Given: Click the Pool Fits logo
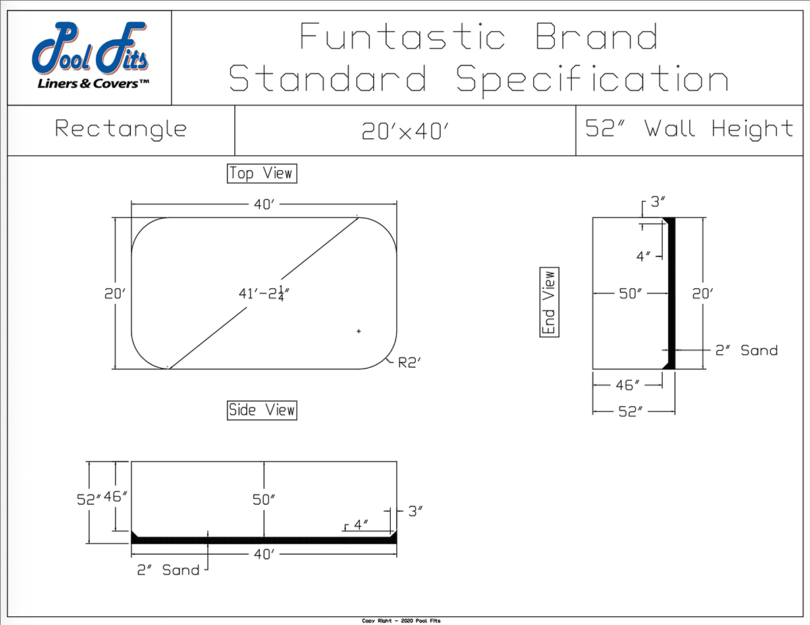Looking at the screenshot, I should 90,57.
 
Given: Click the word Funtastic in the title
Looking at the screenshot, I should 402,36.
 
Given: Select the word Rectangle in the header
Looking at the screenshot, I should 121,128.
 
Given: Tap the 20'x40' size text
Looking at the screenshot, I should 406,130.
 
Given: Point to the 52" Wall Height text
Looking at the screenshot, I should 689,128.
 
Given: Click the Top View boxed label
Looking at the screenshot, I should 262,173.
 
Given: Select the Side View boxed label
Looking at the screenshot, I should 262,410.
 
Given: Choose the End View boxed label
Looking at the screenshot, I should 549,302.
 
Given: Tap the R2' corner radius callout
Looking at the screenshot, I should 410,362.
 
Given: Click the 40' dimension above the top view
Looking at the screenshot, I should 263,205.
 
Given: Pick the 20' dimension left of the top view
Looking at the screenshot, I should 114,294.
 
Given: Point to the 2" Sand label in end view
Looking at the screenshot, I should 746,350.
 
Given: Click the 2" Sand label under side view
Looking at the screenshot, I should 168,570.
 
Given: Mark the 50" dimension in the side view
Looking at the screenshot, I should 264,500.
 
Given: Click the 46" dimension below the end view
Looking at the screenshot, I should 628,385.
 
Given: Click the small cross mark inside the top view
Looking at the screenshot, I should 358,331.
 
